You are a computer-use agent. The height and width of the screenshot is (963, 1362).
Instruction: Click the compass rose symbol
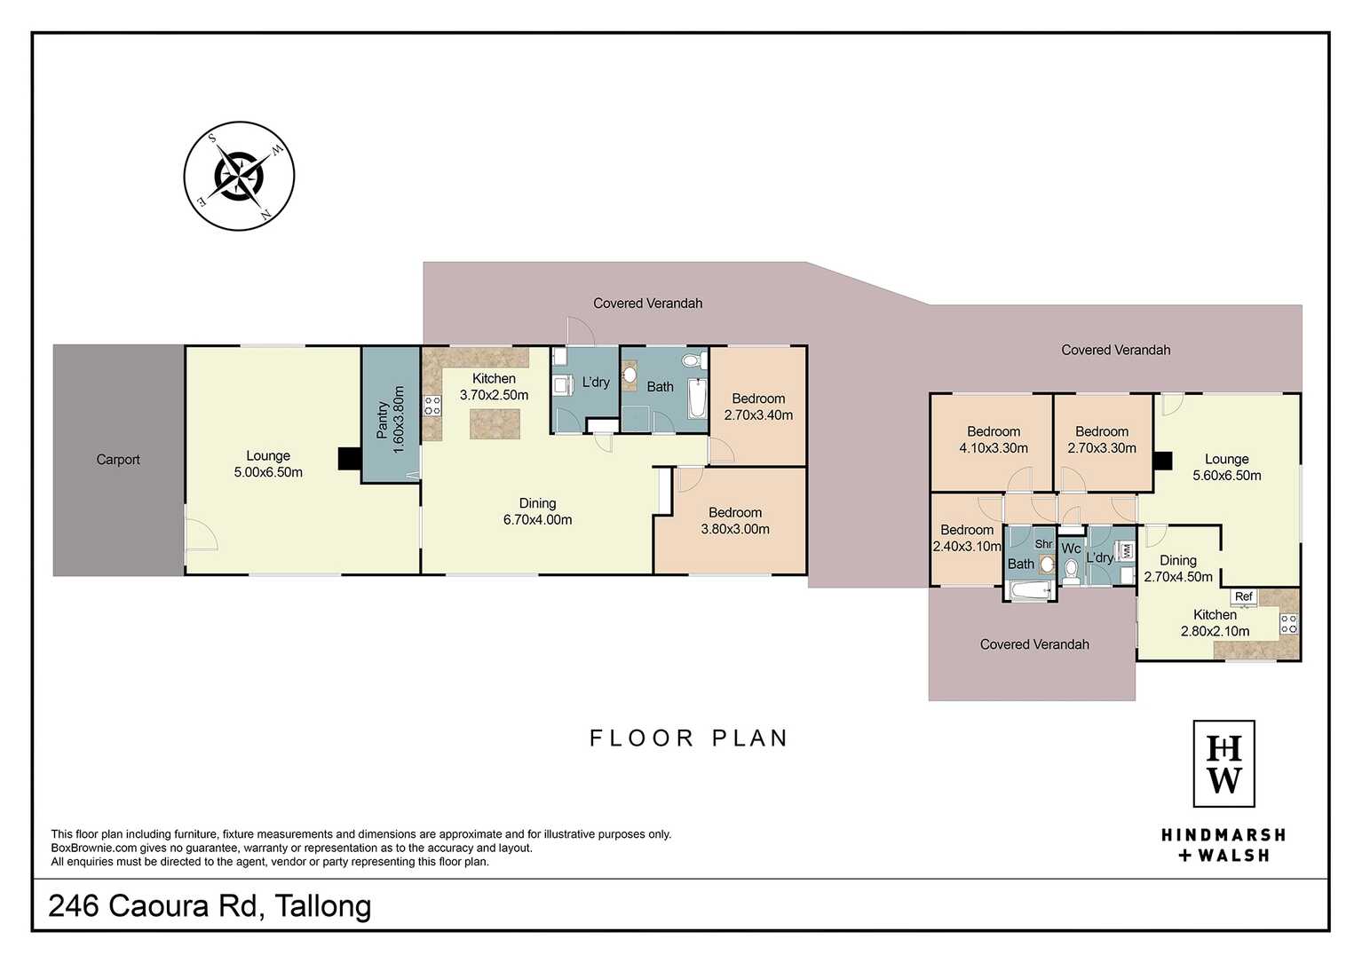pos(239,176)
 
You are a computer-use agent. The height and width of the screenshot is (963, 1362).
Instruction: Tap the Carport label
pos(118,460)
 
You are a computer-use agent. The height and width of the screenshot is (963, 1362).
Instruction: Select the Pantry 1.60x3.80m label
pos(391,420)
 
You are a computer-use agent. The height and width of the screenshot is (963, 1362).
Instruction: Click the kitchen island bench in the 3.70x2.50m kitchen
pos(495,423)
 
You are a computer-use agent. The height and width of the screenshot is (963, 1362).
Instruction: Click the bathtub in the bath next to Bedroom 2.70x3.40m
pos(697,399)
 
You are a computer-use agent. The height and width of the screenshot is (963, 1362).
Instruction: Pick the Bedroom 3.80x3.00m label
pos(735,520)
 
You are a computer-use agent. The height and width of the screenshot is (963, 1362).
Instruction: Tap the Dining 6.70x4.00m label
pos(537,511)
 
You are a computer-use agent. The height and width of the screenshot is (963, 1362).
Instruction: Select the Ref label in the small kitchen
pos(1243,596)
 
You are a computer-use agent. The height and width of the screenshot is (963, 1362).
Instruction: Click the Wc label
pos(1071,549)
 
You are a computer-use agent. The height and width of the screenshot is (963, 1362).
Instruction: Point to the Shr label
pos(1043,544)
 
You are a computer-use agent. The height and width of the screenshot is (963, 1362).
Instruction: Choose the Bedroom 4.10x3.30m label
pos(994,439)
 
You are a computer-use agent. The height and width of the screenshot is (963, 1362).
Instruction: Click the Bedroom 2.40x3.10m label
pos(967,538)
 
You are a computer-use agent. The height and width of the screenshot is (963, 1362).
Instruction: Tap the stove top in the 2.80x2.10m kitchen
pos(1289,624)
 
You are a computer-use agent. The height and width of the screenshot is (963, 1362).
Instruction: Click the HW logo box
pos(1223,763)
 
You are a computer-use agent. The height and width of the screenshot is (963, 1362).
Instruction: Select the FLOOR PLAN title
pos(689,738)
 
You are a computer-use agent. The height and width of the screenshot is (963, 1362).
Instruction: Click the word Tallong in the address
pos(323,906)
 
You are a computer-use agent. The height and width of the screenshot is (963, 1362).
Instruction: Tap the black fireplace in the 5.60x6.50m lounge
pos(1162,461)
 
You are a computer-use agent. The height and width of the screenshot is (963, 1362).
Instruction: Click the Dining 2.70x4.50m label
pos(1177,568)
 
